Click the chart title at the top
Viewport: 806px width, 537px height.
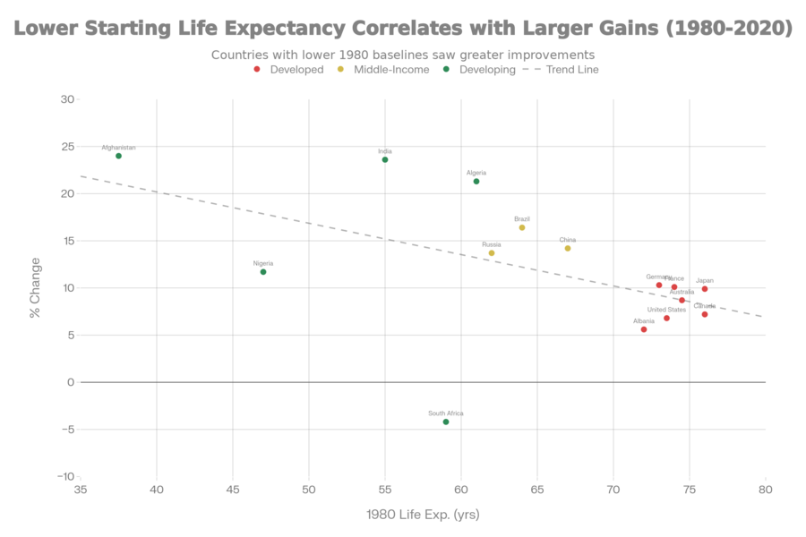(x=403, y=30)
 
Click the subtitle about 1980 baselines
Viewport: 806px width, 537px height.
(x=403, y=55)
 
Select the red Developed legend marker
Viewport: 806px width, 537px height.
(x=257, y=69)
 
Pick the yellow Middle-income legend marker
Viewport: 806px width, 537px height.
(x=340, y=69)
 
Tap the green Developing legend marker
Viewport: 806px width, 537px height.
(x=445, y=69)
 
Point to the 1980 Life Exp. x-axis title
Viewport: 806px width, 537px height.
(x=424, y=515)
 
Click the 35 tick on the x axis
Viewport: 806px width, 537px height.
(x=81, y=490)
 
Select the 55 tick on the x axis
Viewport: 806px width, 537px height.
(x=385, y=490)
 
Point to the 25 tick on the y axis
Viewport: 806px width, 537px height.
(x=65, y=147)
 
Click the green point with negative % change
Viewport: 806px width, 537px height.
(x=446, y=422)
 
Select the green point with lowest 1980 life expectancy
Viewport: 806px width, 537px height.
(x=118, y=156)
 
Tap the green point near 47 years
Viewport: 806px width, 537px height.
(x=263, y=271)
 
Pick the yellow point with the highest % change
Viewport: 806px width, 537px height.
(x=522, y=227)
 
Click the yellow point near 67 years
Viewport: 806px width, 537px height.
(x=568, y=248)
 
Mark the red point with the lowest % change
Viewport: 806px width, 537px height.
(x=644, y=329)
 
